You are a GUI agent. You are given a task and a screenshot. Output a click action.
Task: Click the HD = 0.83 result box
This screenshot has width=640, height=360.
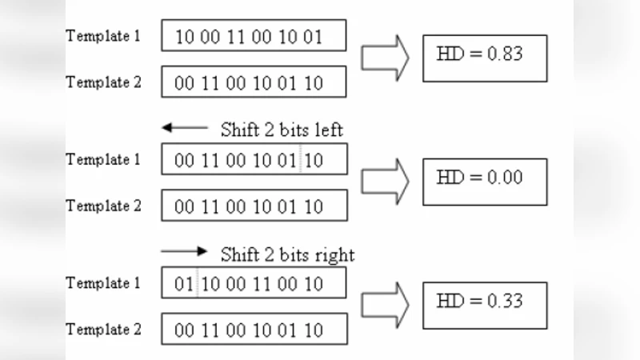pos(485,58)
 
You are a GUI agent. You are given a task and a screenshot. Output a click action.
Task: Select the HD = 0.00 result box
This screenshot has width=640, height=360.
pos(485,181)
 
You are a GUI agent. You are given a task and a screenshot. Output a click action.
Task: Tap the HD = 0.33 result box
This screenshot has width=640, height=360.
pos(485,305)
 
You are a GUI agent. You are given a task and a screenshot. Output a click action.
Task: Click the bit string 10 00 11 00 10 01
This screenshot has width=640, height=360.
pos(254,36)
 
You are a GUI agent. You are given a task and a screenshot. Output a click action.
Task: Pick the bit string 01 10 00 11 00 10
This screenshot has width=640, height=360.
pos(254,282)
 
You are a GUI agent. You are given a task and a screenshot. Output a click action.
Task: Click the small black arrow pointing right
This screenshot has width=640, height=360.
pos(184,251)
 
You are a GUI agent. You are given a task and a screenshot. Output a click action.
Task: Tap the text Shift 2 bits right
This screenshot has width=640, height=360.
pos(287,254)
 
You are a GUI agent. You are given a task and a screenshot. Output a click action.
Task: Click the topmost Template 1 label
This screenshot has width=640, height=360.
pos(103,36)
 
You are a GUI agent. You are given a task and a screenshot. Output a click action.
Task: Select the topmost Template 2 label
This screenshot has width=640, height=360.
pos(103,82)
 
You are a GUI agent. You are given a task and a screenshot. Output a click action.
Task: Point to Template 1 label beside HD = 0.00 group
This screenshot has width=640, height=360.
pos(103,159)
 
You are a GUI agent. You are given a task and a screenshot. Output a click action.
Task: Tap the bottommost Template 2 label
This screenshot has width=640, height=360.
pos(103,329)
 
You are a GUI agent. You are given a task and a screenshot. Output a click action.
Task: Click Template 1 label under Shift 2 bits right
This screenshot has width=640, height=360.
pos(103,282)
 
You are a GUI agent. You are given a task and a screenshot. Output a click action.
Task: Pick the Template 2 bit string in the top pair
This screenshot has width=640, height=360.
pos(254,82)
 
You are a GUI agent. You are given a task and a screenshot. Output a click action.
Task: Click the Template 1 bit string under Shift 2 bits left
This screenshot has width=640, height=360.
pos(254,159)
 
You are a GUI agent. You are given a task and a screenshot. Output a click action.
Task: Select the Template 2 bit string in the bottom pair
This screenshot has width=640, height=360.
pos(254,329)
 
